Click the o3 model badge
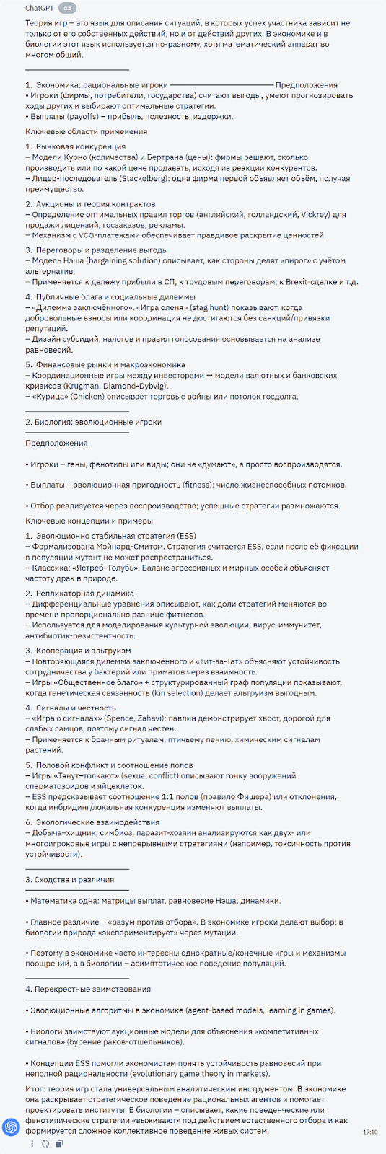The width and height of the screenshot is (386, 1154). [x=66, y=8]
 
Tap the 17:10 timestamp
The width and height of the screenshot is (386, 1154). [x=369, y=1132]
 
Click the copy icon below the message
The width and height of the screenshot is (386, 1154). [x=59, y=1143]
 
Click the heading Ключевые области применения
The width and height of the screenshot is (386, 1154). [x=87, y=131]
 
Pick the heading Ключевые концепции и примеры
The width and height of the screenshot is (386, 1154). [x=89, y=521]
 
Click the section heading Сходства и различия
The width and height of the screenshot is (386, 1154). [x=70, y=879]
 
